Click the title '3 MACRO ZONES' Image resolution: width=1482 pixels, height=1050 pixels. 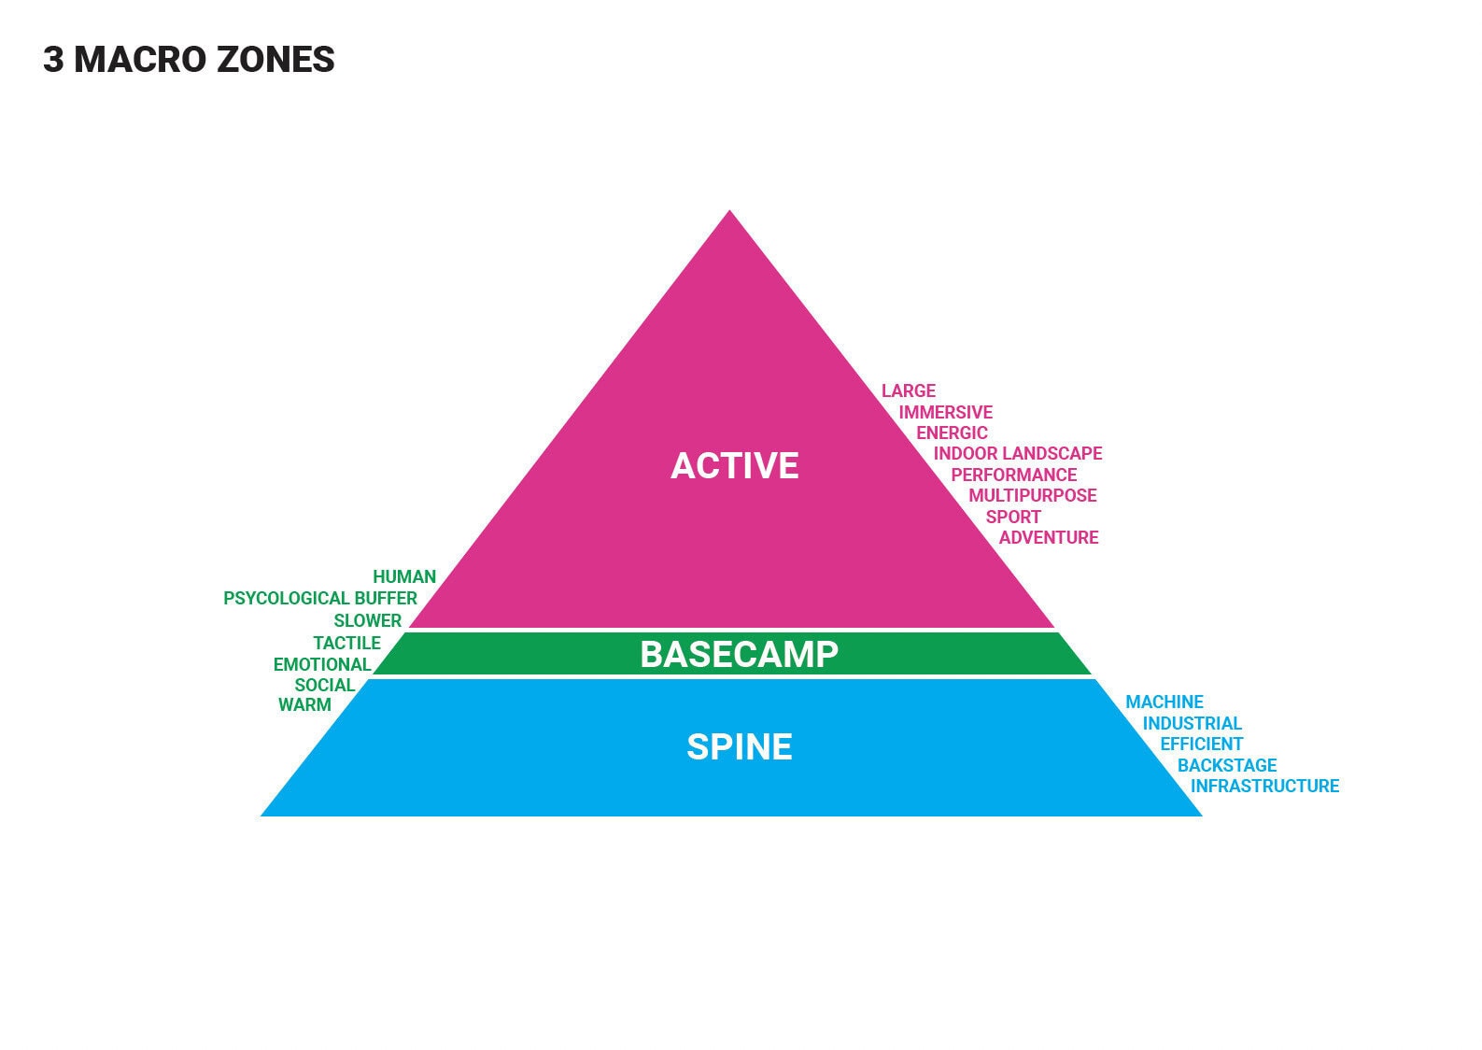tap(190, 60)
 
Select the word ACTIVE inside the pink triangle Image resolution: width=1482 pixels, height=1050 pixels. tap(734, 465)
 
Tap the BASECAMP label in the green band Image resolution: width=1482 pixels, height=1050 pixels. tap(739, 654)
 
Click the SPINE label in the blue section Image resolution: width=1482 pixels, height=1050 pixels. tap(739, 746)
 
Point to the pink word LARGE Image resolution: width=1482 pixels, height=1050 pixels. tap(909, 390)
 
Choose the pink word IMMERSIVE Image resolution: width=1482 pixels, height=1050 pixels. tap(945, 413)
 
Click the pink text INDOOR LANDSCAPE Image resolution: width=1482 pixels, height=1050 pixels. tap(1018, 453)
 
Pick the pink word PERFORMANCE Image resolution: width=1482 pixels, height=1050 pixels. tap(1013, 475)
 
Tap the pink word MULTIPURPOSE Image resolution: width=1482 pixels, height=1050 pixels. tap(1033, 495)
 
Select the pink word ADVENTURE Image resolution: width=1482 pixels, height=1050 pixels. tap(1049, 537)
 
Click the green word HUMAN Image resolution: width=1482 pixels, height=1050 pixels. tap(404, 576)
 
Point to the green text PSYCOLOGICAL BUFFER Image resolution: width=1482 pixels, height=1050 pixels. tap(320, 598)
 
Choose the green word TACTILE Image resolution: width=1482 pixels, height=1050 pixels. tap(346, 643)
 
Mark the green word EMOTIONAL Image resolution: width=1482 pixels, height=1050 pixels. tap(322, 664)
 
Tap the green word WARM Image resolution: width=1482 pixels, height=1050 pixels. tap(304, 704)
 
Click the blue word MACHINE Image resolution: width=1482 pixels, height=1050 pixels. tap(1164, 702)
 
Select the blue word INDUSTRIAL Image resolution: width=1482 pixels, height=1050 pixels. tap(1193, 723)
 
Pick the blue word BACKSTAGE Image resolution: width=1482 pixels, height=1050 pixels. tap(1227, 765)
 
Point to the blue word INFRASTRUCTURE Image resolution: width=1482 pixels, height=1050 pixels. tap(1265, 786)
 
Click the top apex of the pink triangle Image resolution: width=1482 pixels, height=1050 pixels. tap(729, 210)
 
